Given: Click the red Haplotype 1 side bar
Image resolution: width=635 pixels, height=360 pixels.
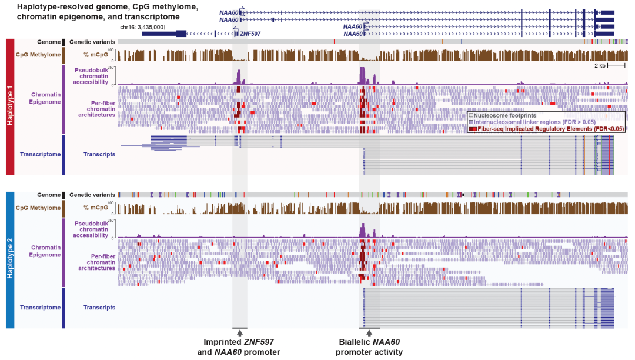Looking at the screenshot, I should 9,106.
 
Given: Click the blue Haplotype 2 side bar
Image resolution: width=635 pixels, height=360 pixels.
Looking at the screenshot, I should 9,259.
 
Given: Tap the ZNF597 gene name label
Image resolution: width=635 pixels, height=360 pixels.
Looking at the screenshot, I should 250,34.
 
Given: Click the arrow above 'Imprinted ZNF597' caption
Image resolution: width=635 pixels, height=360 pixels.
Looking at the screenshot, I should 239,334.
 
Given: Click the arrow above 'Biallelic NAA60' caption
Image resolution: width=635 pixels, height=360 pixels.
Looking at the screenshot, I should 369,334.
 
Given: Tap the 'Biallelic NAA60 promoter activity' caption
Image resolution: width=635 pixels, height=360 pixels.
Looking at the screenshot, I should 369,347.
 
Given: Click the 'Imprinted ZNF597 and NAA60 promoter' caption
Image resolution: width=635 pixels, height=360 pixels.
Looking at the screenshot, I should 239,347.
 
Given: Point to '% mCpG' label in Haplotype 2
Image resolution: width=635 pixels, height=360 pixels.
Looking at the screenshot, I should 95,208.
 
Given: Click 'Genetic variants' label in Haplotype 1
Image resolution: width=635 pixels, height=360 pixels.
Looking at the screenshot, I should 92,42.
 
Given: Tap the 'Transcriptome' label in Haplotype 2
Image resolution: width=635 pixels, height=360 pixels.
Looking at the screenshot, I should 39,307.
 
